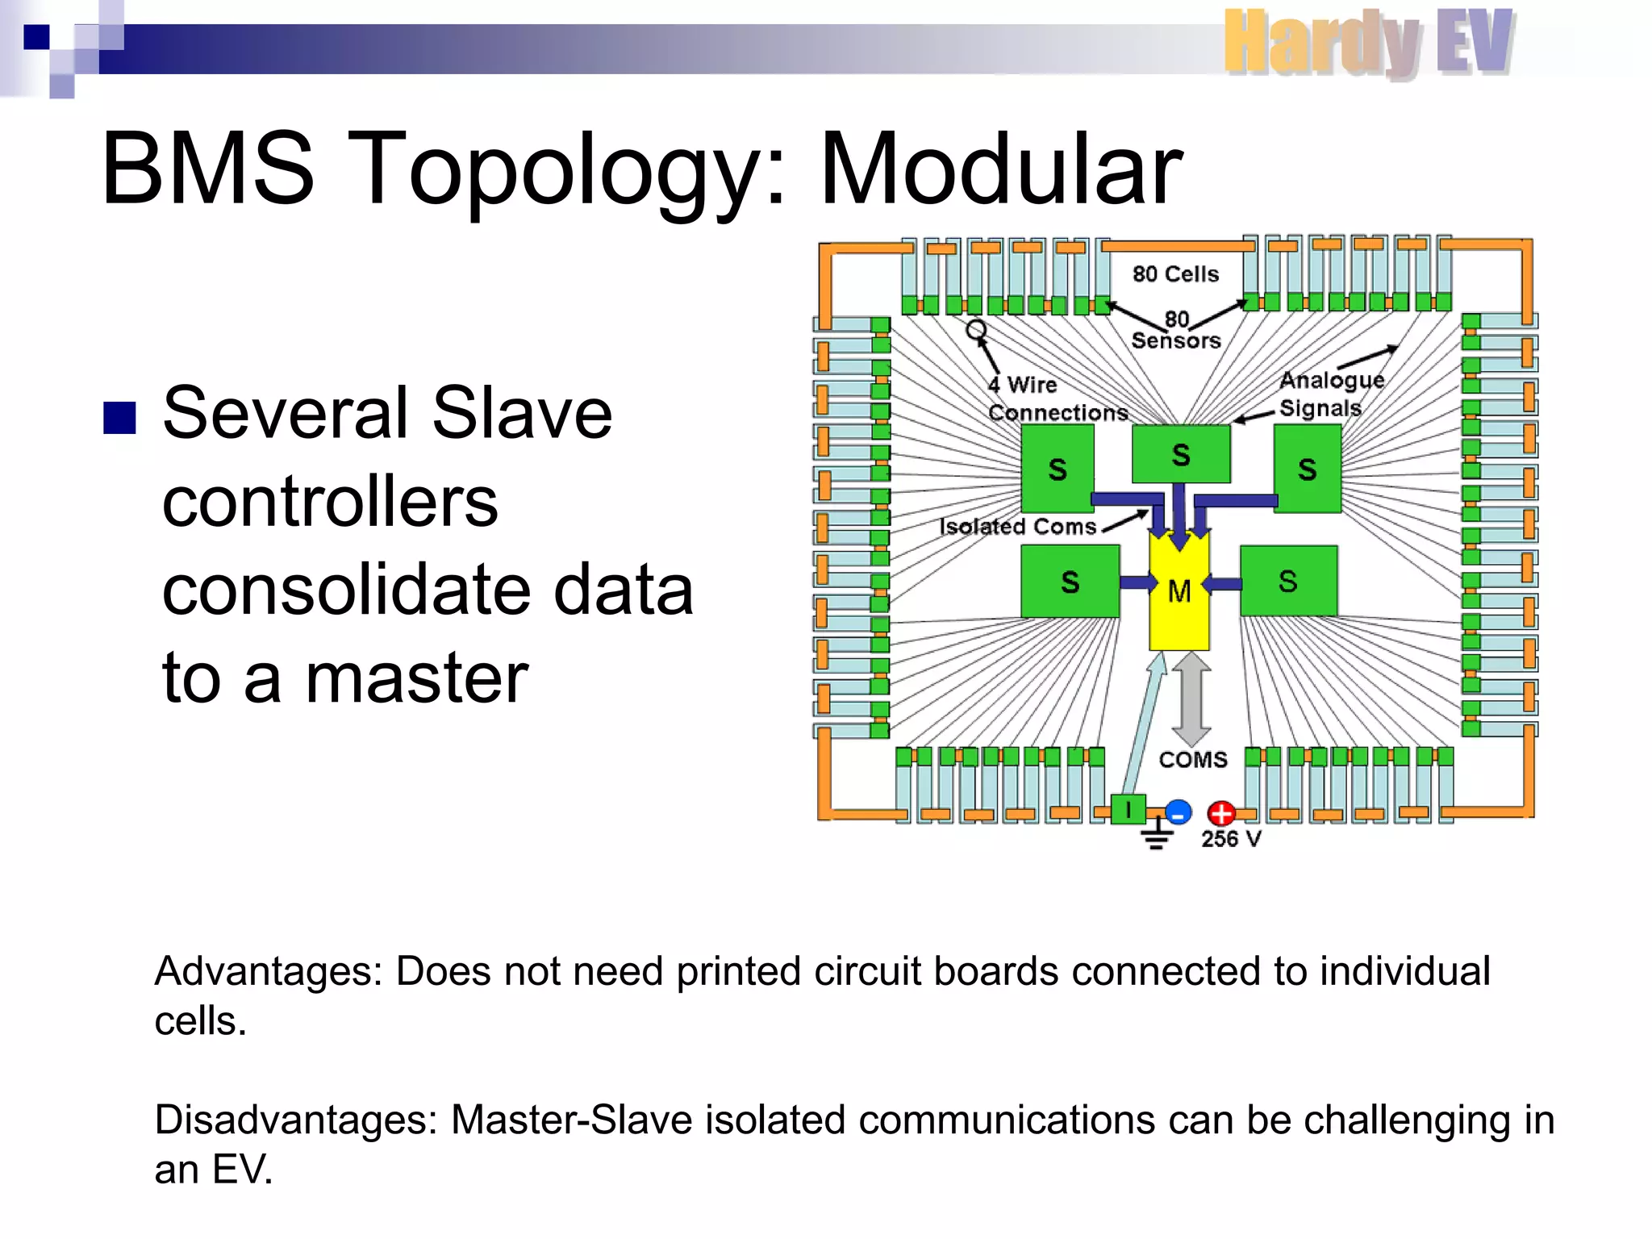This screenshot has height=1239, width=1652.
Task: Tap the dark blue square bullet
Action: click(x=119, y=418)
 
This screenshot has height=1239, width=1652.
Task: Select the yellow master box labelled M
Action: click(x=1179, y=593)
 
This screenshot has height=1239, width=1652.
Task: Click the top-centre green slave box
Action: click(x=1181, y=454)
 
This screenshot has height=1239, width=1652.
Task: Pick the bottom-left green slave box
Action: click(x=1070, y=582)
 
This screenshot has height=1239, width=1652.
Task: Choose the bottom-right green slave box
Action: click(x=1288, y=582)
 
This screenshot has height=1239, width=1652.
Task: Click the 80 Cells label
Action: click(x=1175, y=274)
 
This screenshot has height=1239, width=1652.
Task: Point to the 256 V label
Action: click(x=1230, y=839)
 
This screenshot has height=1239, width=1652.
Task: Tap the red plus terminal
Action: click(x=1220, y=813)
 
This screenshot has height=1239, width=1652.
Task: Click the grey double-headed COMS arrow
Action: click(x=1191, y=699)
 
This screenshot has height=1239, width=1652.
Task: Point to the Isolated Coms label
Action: click(x=1018, y=527)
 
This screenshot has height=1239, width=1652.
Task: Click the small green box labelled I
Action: click(x=1128, y=808)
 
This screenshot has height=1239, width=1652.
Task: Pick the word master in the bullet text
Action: click(x=416, y=678)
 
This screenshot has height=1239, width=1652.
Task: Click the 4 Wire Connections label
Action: click(x=1056, y=398)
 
